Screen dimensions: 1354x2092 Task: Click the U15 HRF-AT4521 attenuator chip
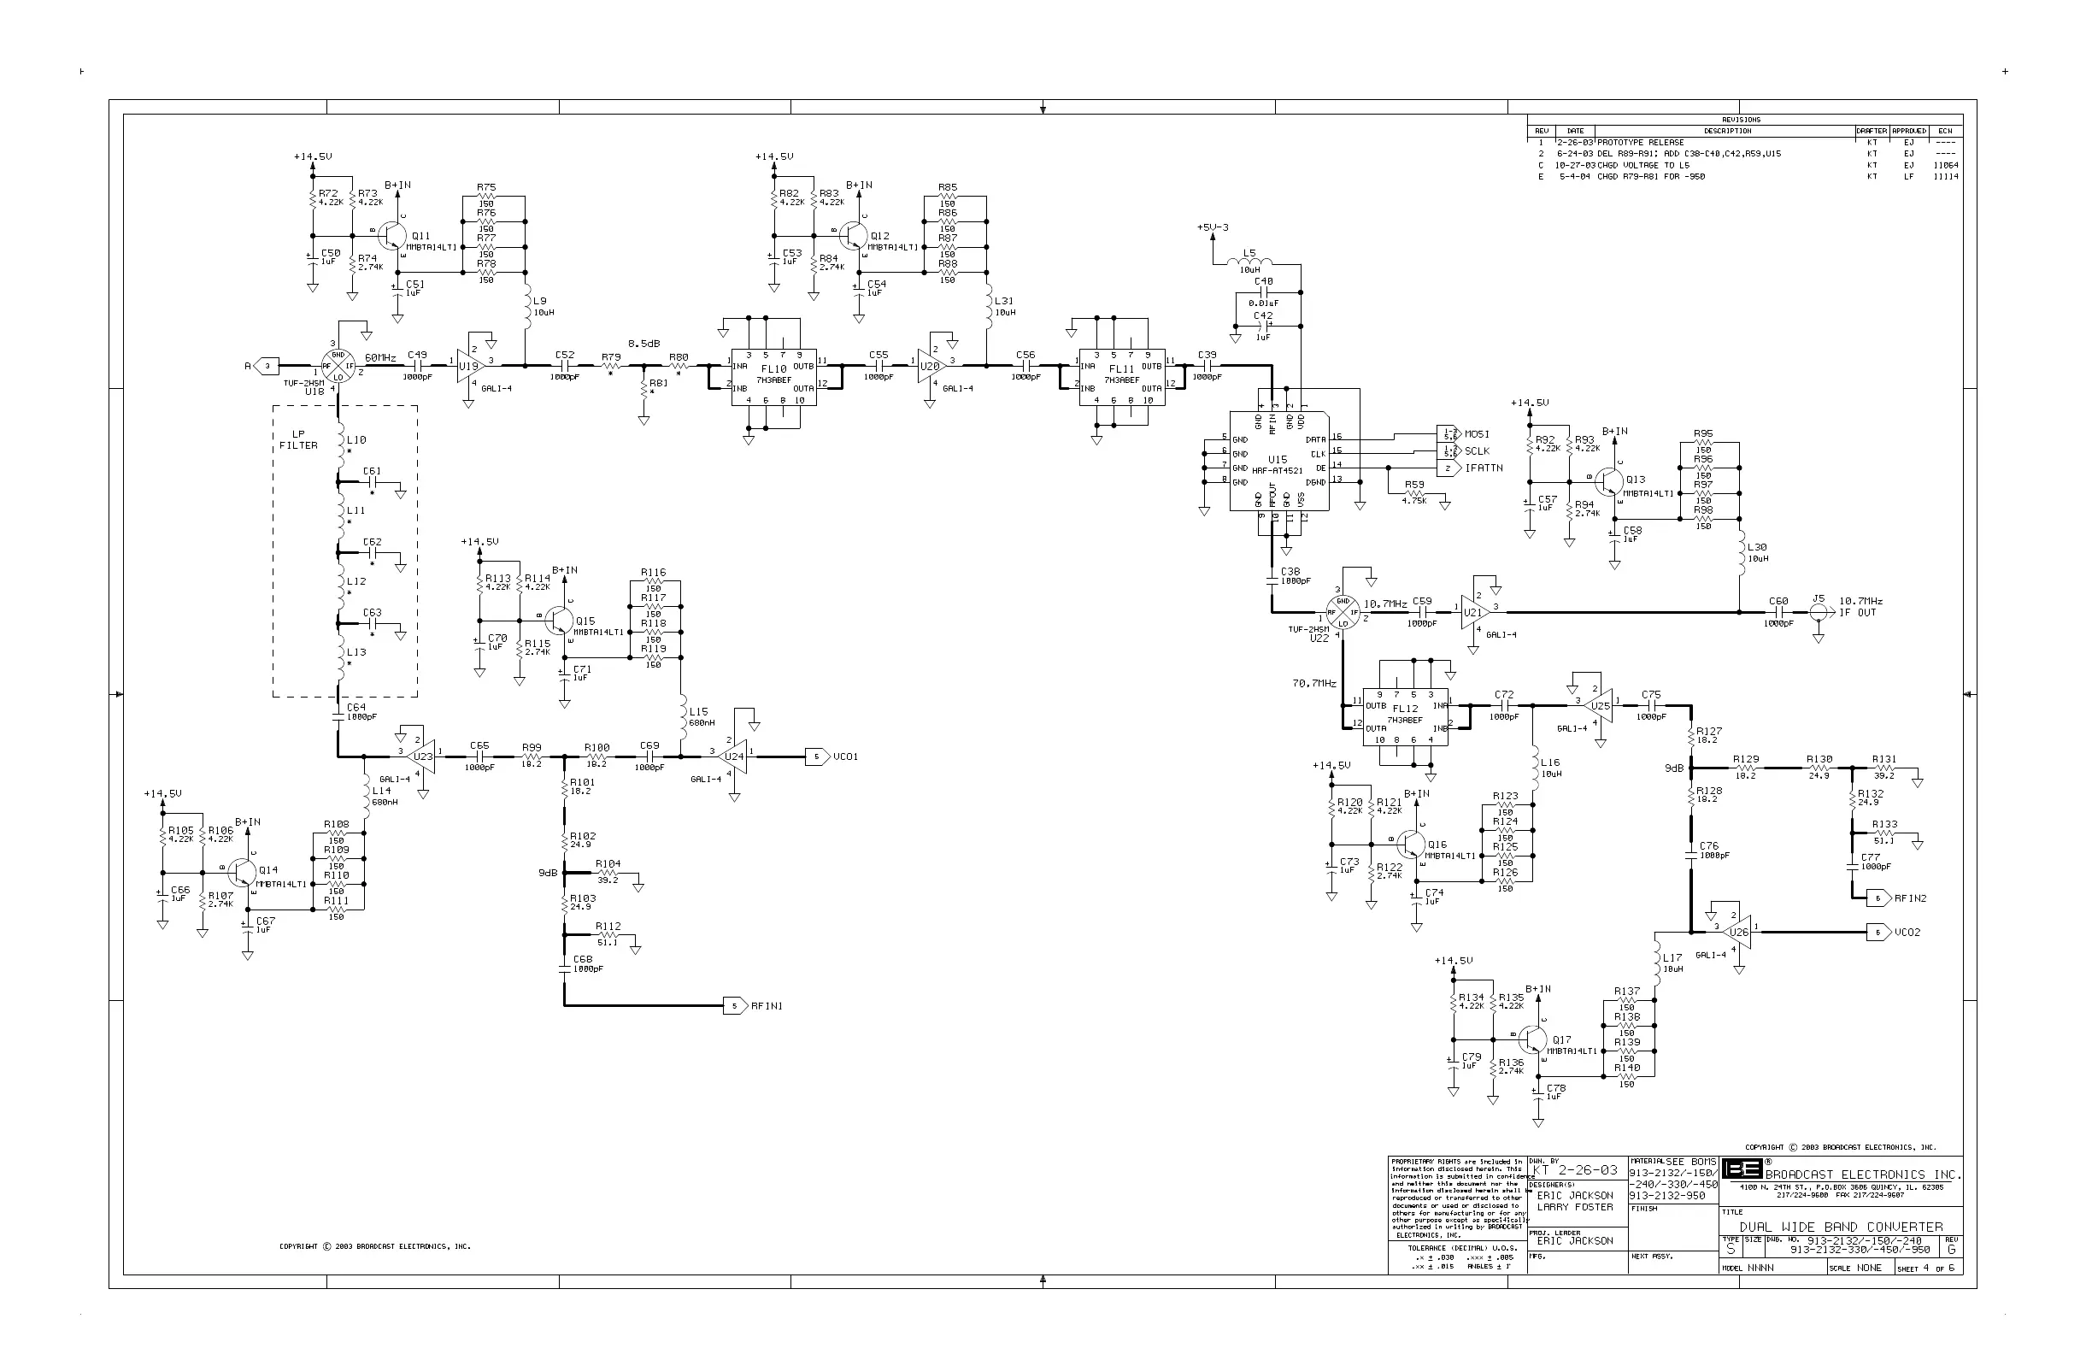(x=1279, y=461)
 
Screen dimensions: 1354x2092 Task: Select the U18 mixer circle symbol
(x=338, y=366)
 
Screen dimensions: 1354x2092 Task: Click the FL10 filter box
(x=773, y=376)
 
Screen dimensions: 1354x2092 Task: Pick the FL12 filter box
(x=1406, y=715)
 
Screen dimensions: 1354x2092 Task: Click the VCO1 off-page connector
(x=818, y=756)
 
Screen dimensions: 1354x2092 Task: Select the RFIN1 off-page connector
(x=735, y=1006)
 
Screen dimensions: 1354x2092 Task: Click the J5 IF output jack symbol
(x=1819, y=612)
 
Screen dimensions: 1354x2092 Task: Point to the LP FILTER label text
(x=299, y=440)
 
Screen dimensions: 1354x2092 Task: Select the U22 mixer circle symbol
(x=1343, y=612)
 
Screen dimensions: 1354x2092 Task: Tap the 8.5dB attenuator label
(x=643, y=344)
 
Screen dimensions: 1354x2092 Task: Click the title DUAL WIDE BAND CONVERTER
(x=1841, y=1227)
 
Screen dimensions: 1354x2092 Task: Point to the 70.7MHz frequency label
(x=1314, y=683)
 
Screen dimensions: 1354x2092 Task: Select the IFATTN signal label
(x=1484, y=468)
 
